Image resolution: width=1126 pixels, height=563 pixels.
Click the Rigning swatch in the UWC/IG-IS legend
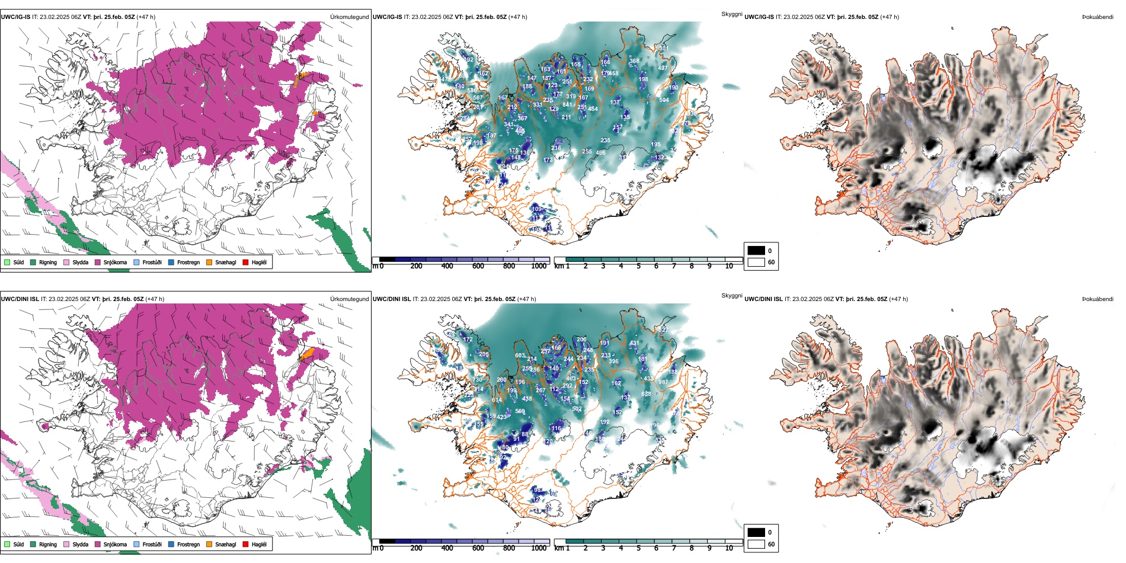click(x=33, y=262)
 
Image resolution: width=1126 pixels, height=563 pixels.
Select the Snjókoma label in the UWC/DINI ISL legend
click(x=115, y=544)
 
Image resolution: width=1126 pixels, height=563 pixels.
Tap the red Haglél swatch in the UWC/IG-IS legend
click(x=245, y=262)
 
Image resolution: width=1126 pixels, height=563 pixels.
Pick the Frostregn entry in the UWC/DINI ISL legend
click(x=188, y=544)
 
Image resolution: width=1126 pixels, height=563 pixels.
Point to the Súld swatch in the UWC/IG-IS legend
click(x=7, y=262)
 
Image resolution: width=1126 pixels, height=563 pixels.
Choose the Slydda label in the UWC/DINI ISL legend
click(x=80, y=544)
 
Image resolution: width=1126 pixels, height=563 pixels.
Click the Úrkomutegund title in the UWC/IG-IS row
click(x=349, y=17)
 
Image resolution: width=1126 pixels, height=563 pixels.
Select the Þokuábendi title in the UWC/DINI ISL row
click(x=1098, y=299)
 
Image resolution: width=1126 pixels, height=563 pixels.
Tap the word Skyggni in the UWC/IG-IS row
click(x=731, y=14)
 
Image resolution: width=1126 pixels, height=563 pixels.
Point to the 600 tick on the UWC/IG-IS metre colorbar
click(x=478, y=266)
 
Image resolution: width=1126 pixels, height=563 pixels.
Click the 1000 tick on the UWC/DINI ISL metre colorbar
click(x=539, y=548)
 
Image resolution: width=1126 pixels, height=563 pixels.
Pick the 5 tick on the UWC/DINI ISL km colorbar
click(x=639, y=548)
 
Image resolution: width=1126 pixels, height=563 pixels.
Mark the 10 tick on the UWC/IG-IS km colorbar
click(x=729, y=266)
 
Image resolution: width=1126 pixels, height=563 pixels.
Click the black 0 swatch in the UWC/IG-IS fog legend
click(x=756, y=251)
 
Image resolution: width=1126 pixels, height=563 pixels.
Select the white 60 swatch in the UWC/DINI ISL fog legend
click(x=756, y=544)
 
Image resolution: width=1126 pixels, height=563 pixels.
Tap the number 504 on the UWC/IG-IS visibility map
click(x=664, y=100)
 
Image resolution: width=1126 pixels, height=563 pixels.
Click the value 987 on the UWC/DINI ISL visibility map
click(x=663, y=382)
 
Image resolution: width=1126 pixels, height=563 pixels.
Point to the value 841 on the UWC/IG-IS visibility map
click(x=567, y=104)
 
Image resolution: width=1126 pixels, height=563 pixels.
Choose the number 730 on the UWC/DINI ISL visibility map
click(x=478, y=380)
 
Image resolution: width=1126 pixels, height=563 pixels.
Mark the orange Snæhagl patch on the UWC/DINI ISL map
click(x=307, y=355)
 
